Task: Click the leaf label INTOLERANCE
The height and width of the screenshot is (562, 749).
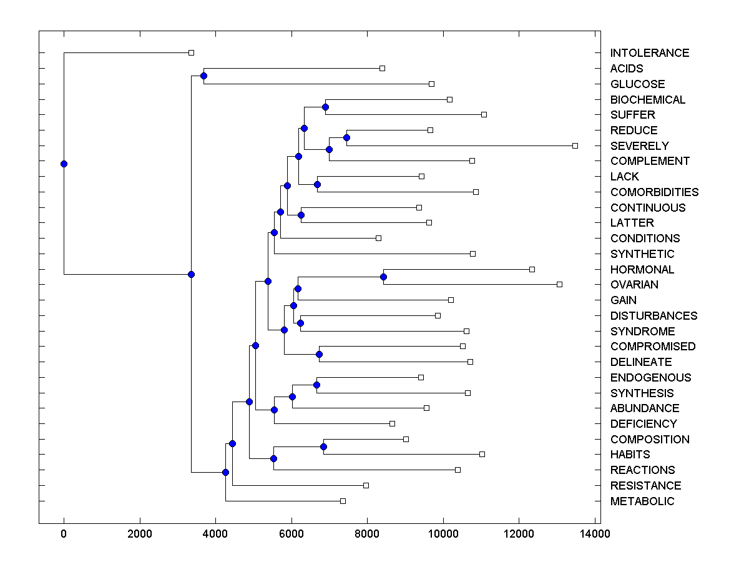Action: click(649, 53)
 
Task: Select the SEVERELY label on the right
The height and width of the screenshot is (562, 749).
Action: click(639, 145)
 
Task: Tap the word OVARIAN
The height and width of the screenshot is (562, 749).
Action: click(634, 285)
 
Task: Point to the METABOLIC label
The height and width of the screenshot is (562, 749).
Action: click(642, 501)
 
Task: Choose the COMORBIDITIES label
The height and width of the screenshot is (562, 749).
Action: click(654, 192)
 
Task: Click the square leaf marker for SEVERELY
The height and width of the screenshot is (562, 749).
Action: click(575, 145)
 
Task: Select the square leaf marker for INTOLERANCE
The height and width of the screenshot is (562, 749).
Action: click(192, 52)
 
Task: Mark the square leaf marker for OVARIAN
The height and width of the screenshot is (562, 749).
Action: click(559, 284)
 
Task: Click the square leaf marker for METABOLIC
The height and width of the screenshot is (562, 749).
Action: click(343, 501)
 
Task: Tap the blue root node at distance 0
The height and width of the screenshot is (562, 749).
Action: click(64, 164)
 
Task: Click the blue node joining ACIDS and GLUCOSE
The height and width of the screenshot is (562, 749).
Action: click(203, 76)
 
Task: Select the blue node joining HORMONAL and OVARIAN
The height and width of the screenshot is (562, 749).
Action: click(383, 277)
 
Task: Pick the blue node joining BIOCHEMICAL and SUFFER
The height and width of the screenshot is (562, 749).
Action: click(325, 107)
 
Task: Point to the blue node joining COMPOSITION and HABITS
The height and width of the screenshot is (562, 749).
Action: click(323, 446)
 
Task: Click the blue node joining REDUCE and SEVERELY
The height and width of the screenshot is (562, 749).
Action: click(347, 137)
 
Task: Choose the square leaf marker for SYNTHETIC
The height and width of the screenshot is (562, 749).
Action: click(472, 254)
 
